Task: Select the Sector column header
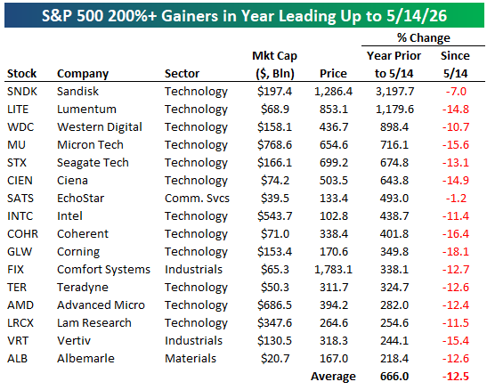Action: point(182,74)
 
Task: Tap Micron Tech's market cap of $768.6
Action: point(274,145)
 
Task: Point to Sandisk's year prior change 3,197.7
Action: point(394,92)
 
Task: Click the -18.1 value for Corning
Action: point(456,251)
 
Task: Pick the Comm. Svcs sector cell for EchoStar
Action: point(197,198)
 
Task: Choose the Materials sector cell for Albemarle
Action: point(191,358)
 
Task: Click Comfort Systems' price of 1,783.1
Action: point(333,270)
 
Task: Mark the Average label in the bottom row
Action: point(333,377)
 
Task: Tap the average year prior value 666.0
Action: point(394,377)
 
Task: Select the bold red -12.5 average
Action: point(456,377)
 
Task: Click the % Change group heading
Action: point(423,38)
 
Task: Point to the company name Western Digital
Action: point(100,127)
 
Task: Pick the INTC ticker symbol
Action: point(20,216)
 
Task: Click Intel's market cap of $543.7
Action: point(274,216)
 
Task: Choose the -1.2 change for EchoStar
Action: point(456,198)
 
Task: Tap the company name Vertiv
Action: point(74,341)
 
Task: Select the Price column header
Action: point(333,74)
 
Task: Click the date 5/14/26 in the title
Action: point(417,15)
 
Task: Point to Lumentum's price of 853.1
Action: point(334,110)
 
